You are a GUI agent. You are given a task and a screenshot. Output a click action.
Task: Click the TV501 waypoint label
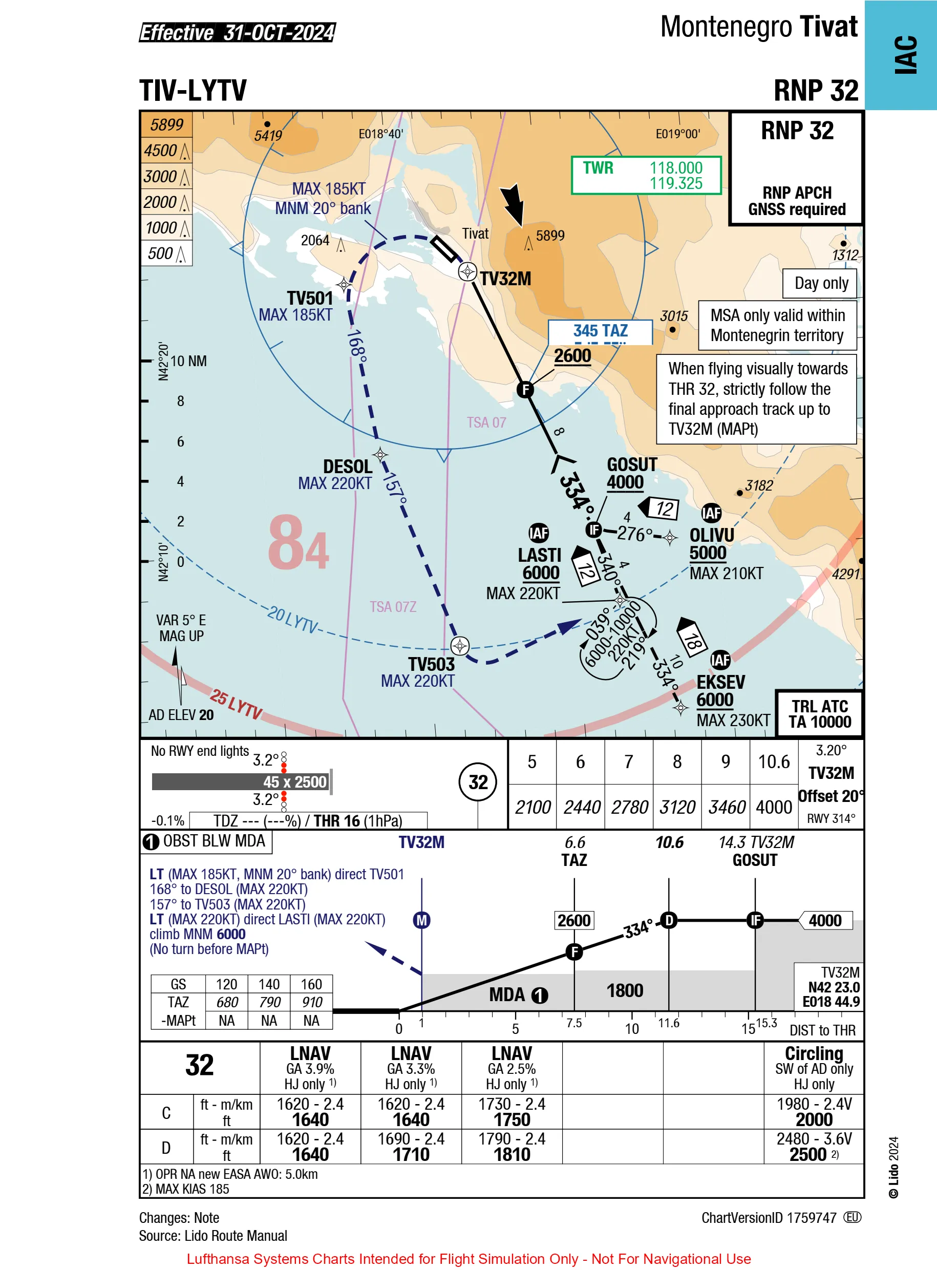click(x=310, y=299)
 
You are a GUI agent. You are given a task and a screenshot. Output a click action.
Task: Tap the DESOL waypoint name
click(x=348, y=467)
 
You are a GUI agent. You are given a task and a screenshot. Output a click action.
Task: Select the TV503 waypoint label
click(x=431, y=664)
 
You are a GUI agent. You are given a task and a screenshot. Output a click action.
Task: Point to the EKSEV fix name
click(x=720, y=682)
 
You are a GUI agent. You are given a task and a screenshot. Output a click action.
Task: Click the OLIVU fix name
click(x=712, y=535)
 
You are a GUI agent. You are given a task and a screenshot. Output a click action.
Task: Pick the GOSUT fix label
click(x=632, y=464)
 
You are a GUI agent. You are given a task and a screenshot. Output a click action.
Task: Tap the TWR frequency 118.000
click(x=676, y=168)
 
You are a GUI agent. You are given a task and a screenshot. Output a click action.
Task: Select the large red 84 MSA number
click(x=299, y=543)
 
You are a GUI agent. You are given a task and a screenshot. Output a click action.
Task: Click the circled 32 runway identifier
click(x=478, y=782)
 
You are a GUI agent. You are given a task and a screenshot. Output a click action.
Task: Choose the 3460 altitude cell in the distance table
click(x=726, y=807)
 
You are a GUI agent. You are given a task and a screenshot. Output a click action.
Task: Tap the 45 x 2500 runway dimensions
click(x=295, y=781)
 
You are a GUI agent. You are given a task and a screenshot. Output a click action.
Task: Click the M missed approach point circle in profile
click(x=421, y=920)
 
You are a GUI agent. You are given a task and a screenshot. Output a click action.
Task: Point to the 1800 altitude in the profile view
click(x=625, y=990)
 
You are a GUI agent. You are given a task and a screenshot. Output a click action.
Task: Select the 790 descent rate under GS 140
click(x=269, y=1002)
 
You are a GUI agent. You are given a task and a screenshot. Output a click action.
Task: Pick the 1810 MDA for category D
click(x=512, y=1154)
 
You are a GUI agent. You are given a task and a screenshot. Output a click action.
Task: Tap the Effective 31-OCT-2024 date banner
click(x=238, y=32)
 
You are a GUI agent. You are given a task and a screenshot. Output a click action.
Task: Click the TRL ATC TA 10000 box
click(x=820, y=713)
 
